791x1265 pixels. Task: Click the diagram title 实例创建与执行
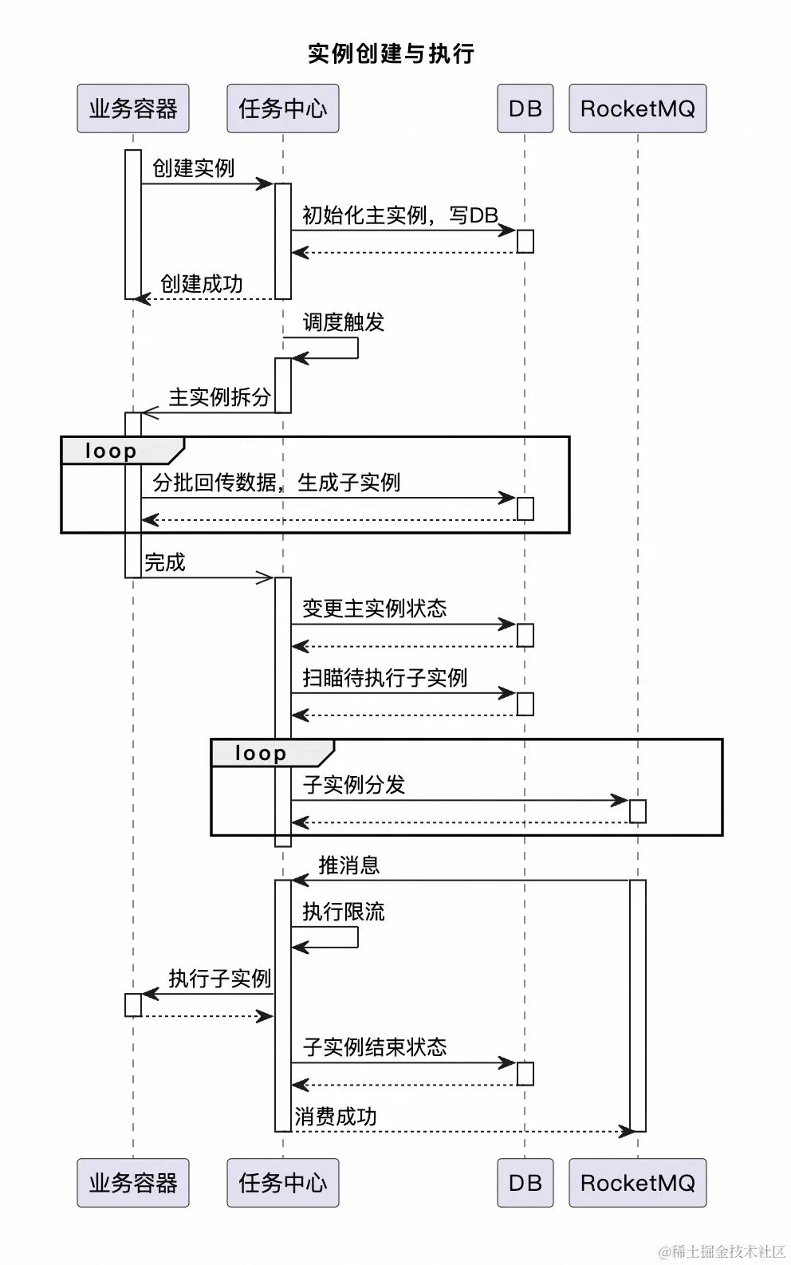pos(392,53)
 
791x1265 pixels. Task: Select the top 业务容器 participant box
pos(133,108)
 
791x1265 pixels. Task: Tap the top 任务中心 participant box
pos(282,108)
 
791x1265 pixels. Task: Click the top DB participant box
pos(525,108)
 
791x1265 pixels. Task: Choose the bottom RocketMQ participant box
pos(637,1182)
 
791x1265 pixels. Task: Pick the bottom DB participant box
pos(525,1182)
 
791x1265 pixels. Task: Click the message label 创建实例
pos(193,168)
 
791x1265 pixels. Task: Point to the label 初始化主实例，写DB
pos(399,215)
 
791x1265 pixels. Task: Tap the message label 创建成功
pos(201,284)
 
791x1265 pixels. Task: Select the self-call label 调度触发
pos(343,322)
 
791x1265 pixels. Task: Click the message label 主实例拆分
pos(219,397)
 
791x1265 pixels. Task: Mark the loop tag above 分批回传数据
pos(112,451)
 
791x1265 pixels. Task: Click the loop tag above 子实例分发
pos(261,753)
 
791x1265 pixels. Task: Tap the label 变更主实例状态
pos(374,609)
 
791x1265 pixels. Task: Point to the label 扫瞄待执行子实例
pos(384,678)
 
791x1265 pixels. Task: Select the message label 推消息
pos(348,865)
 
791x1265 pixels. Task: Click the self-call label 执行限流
pos(343,912)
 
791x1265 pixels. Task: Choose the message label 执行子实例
pos(219,979)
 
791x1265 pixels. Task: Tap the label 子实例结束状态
pos(374,1047)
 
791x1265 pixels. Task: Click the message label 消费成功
pos(335,1117)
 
